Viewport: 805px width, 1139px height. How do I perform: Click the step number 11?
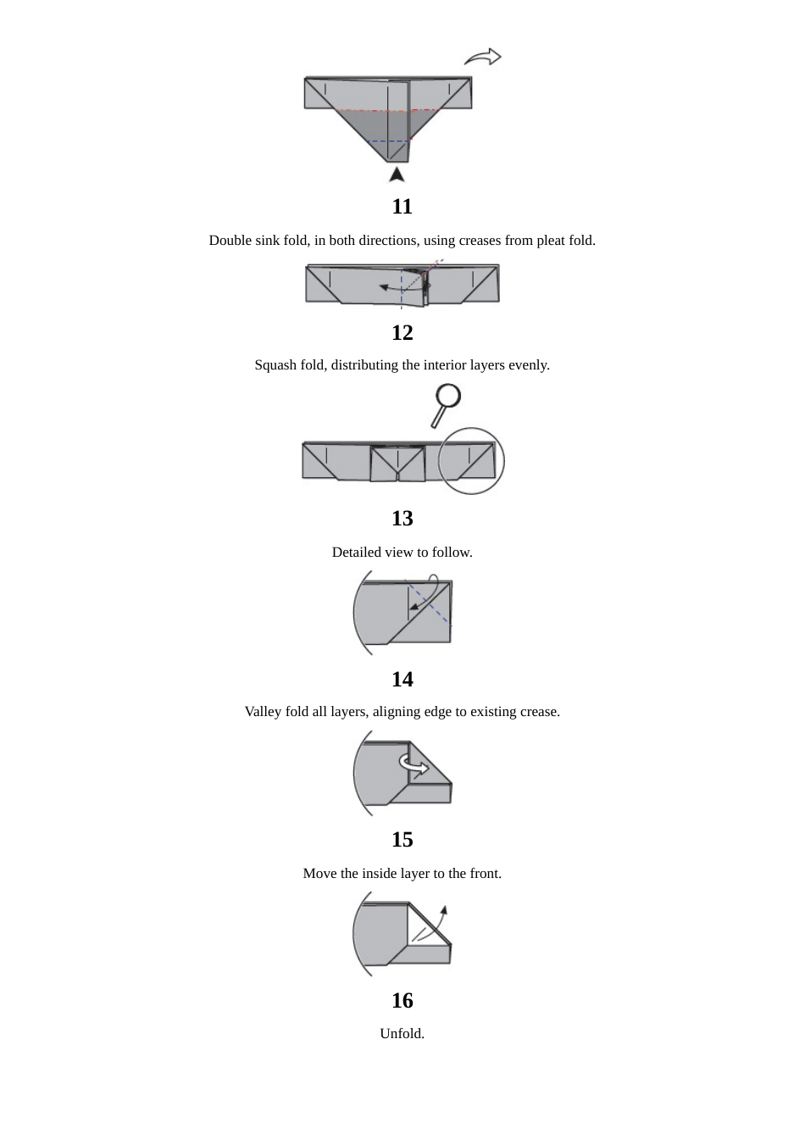pos(402,206)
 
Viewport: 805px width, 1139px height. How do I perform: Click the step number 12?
pos(402,332)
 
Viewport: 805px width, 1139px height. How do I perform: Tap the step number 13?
pos(402,518)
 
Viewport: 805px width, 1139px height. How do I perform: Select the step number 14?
pos(402,679)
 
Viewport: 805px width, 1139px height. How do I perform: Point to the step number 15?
pos(402,839)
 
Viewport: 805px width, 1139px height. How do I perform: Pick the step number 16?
pos(402,1000)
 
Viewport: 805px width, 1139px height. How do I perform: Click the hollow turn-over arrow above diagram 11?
pos(483,57)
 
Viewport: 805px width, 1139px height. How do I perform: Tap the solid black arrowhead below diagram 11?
pos(397,175)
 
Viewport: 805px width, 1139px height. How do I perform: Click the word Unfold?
pos(402,1033)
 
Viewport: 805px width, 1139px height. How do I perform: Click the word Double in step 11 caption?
pos(230,240)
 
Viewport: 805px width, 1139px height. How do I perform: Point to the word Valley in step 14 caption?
pos(264,711)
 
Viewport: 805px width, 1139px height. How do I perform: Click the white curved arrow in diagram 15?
pos(414,764)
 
